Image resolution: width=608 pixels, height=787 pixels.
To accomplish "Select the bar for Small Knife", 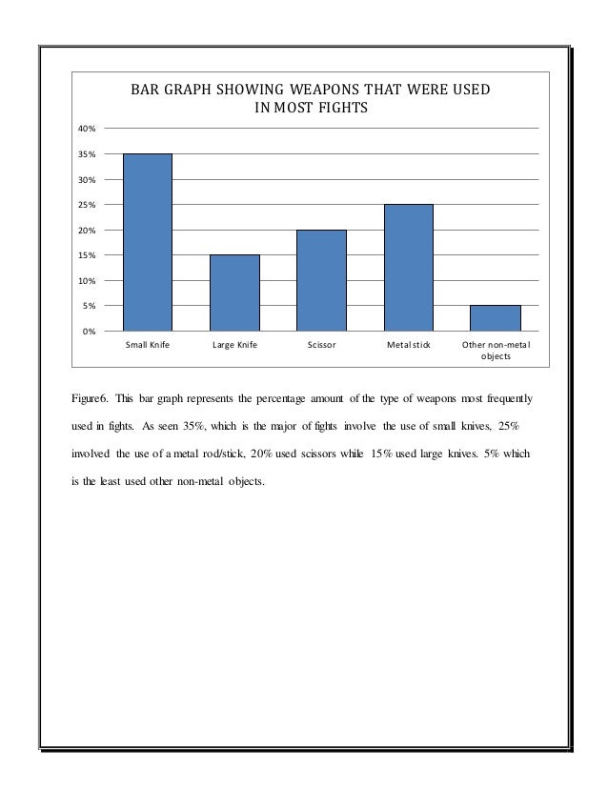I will pyautogui.click(x=148, y=242).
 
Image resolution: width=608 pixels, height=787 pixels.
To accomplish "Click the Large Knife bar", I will pyautogui.click(x=234, y=293).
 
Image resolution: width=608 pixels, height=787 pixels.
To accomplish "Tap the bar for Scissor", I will pyautogui.click(x=321, y=280).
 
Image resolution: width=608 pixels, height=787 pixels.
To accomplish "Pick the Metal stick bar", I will pyautogui.click(x=408, y=268).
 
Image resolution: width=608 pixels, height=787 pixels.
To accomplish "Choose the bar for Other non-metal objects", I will pyautogui.click(x=495, y=317).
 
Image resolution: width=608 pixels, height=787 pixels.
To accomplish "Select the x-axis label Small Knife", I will pyautogui.click(x=148, y=345).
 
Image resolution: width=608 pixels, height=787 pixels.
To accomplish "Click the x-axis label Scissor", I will pyautogui.click(x=321, y=345).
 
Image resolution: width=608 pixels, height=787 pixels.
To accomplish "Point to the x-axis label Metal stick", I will pyautogui.click(x=408, y=345).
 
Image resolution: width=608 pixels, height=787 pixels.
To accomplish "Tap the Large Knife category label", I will pyautogui.click(x=234, y=345).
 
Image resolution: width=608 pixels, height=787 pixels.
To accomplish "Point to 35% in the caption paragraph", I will pyautogui.click(x=219, y=423).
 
